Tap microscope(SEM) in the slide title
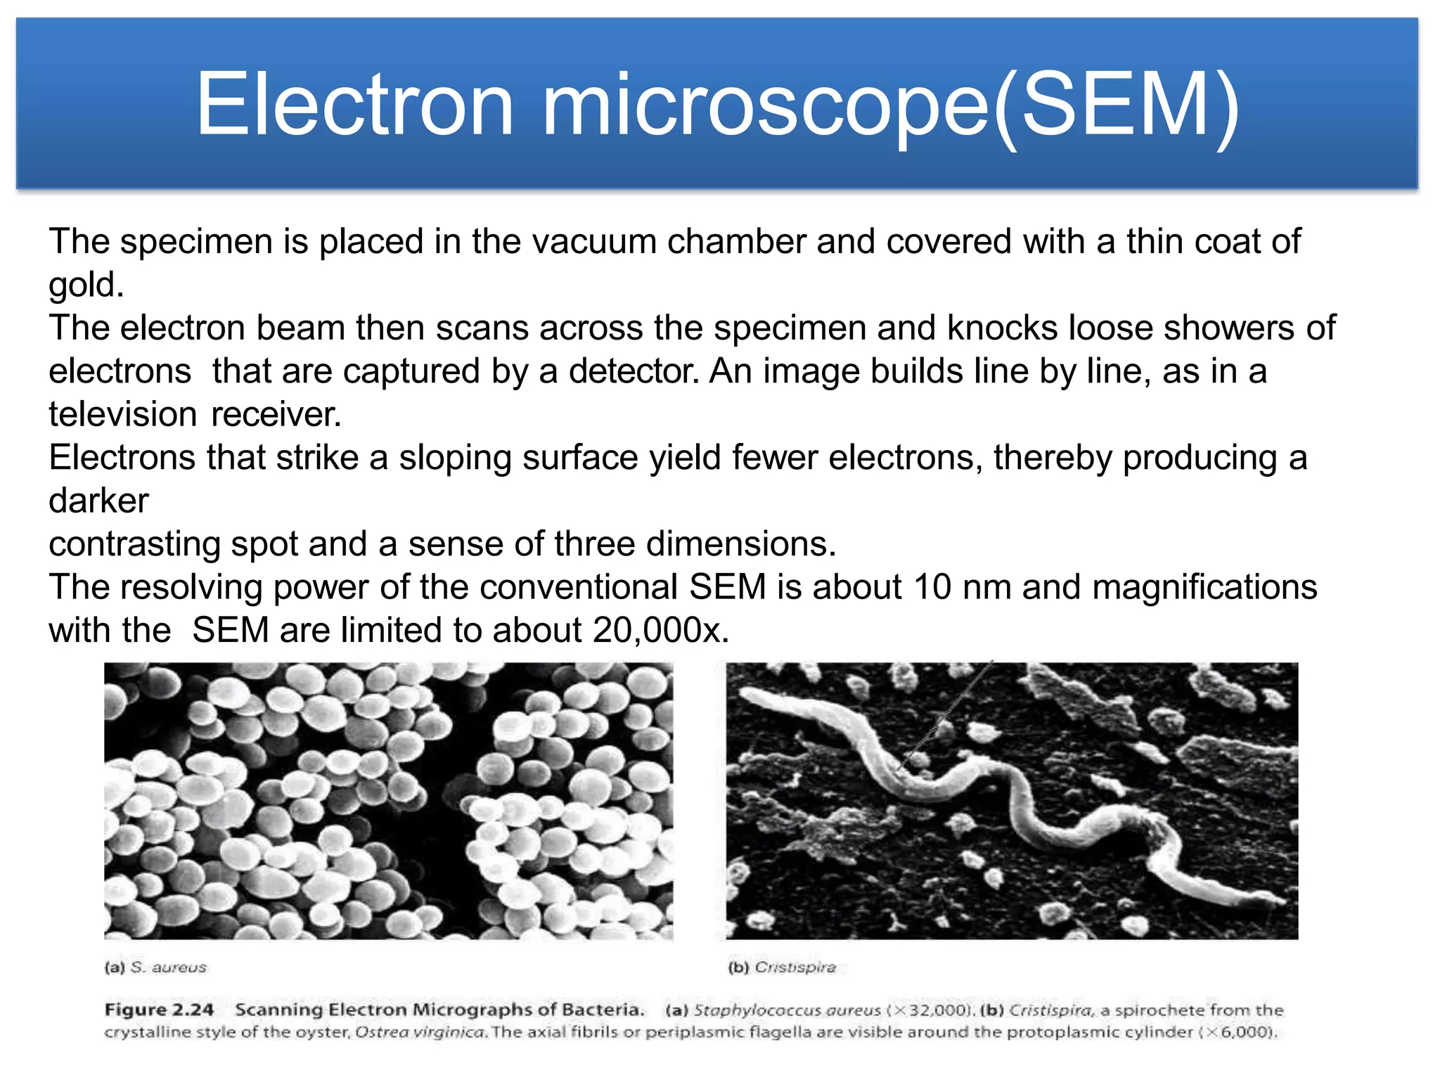coord(890,105)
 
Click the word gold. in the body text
coord(86,285)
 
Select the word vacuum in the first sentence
coord(594,241)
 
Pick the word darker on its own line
coord(98,501)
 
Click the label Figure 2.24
coord(159,1010)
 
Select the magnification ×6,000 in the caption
coord(1240,1032)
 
